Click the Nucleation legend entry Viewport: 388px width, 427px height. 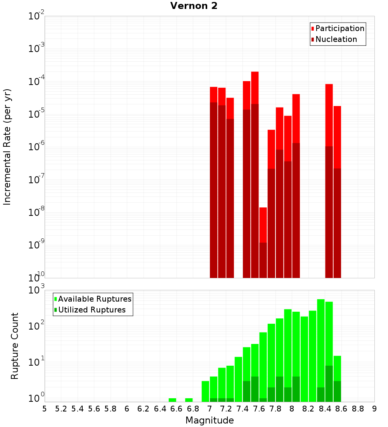(x=336, y=39)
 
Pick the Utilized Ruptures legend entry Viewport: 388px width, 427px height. (x=92, y=310)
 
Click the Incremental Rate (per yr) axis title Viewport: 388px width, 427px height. (x=7, y=147)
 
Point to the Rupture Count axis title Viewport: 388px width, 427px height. (x=15, y=346)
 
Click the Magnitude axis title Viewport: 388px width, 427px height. (x=210, y=420)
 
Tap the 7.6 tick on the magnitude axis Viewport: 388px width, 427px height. (x=259, y=409)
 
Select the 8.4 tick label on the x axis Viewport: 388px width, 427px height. (x=325, y=409)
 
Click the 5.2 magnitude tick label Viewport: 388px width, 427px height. (x=61, y=409)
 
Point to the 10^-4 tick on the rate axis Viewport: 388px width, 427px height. (x=36, y=82)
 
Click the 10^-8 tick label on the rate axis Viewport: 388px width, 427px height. (x=36, y=212)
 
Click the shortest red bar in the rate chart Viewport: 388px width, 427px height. (x=263, y=225)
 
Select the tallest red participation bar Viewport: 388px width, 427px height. (x=255, y=88)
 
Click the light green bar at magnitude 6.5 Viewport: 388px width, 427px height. (x=172, y=400)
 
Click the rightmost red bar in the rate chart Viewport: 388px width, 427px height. (x=337, y=136)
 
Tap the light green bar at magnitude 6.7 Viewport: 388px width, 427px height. (x=189, y=400)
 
